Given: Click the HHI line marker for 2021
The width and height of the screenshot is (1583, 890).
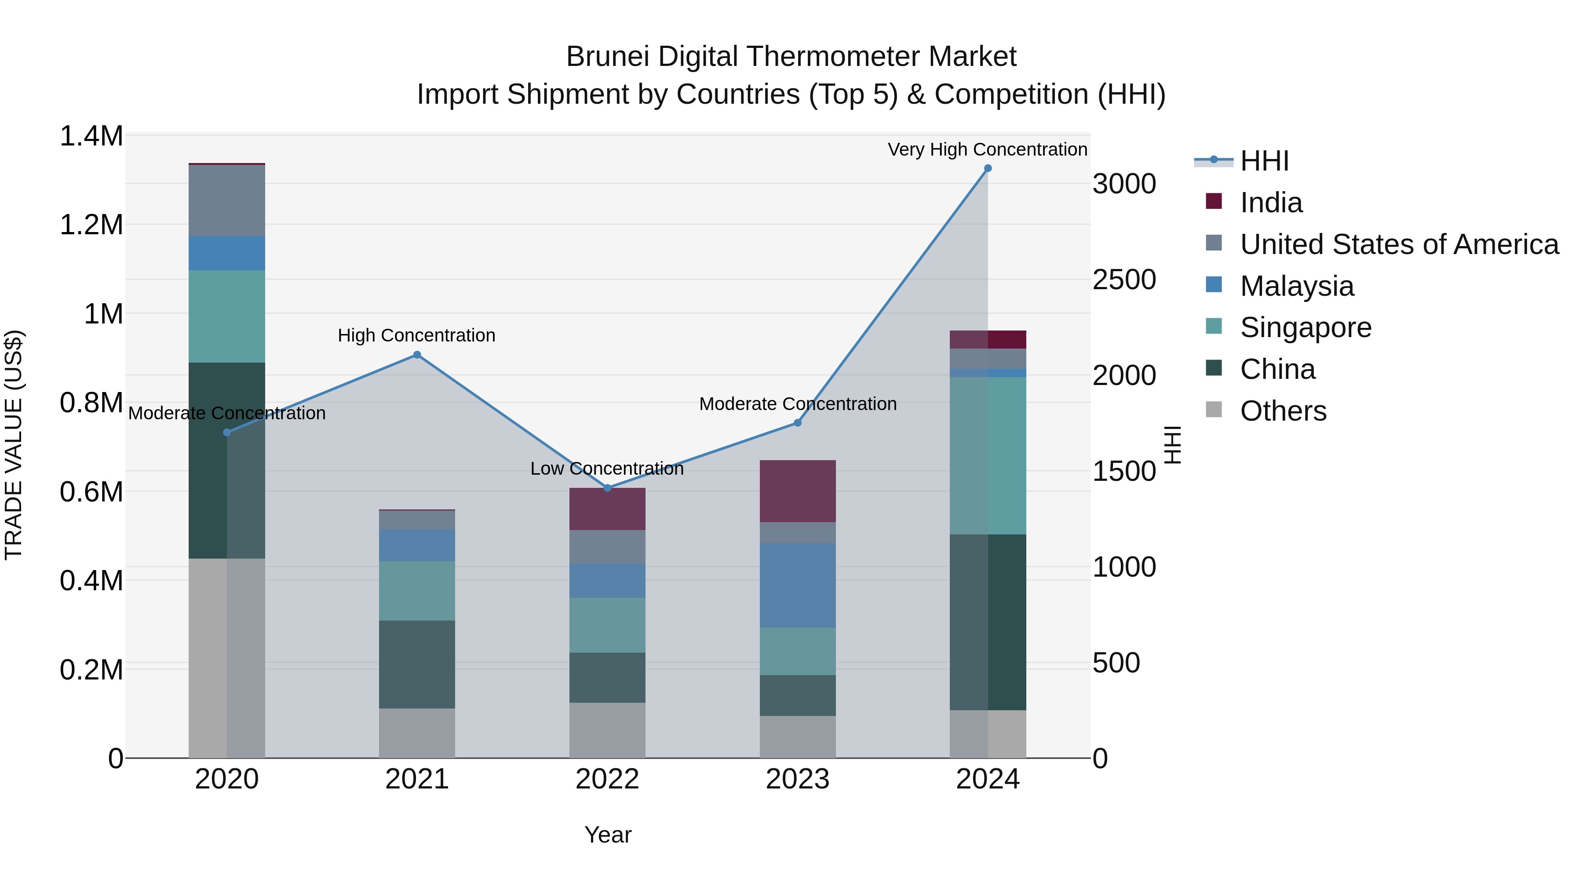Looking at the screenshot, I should [x=417, y=354].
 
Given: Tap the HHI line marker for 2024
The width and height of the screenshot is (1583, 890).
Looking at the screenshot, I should [x=988, y=168].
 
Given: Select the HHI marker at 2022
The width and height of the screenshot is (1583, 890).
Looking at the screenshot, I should [x=607, y=488].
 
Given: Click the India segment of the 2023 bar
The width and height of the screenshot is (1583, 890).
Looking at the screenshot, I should [x=797, y=491].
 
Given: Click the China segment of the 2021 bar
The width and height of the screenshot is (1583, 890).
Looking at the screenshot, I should [x=417, y=664].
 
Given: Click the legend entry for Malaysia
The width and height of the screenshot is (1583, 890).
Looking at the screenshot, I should [x=1297, y=286].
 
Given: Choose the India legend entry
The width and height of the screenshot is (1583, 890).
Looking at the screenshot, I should [x=1271, y=203].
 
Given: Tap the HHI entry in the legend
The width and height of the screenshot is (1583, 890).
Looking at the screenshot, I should [x=1264, y=161].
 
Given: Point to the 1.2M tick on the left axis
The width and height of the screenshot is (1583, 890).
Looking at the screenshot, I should [x=91, y=225].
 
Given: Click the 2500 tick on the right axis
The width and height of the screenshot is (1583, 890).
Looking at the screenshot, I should [x=1124, y=280].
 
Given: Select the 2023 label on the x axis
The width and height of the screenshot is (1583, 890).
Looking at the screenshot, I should [x=797, y=779].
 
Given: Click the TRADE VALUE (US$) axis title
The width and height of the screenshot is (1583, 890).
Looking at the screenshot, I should [x=14, y=445].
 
